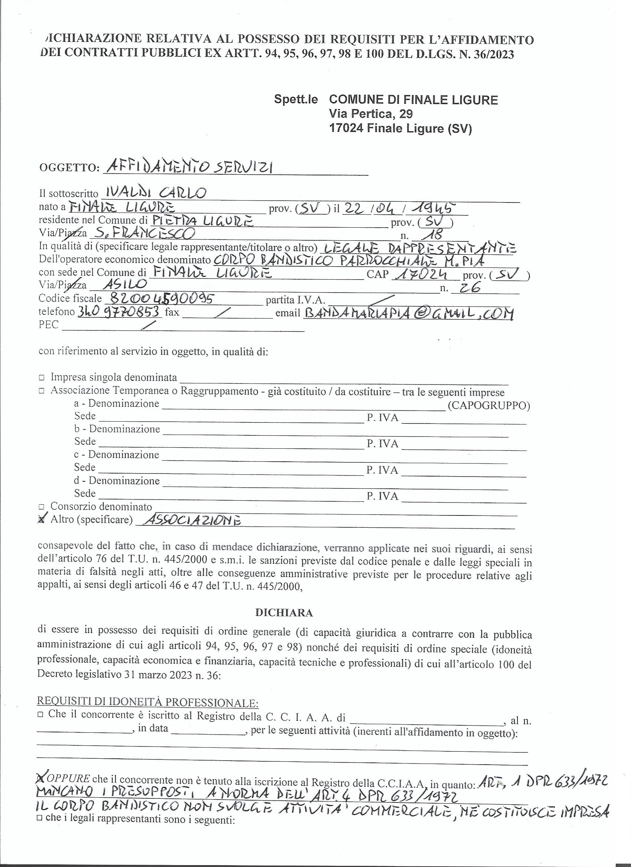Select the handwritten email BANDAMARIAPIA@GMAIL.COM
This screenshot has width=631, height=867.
coord(408,313)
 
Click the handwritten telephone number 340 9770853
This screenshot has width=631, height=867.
coord(119,312)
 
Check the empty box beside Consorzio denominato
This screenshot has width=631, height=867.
coord(41,507)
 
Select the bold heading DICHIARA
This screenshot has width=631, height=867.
coord(284,613)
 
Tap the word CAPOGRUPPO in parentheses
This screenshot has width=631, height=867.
coord(488,406)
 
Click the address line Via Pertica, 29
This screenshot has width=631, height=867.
coord(370,114)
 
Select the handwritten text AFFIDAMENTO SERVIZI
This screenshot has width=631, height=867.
coord(188,167)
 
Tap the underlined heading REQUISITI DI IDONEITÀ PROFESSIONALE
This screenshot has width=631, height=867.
coord(148,703)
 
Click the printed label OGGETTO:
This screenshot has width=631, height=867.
coord(69,169)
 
